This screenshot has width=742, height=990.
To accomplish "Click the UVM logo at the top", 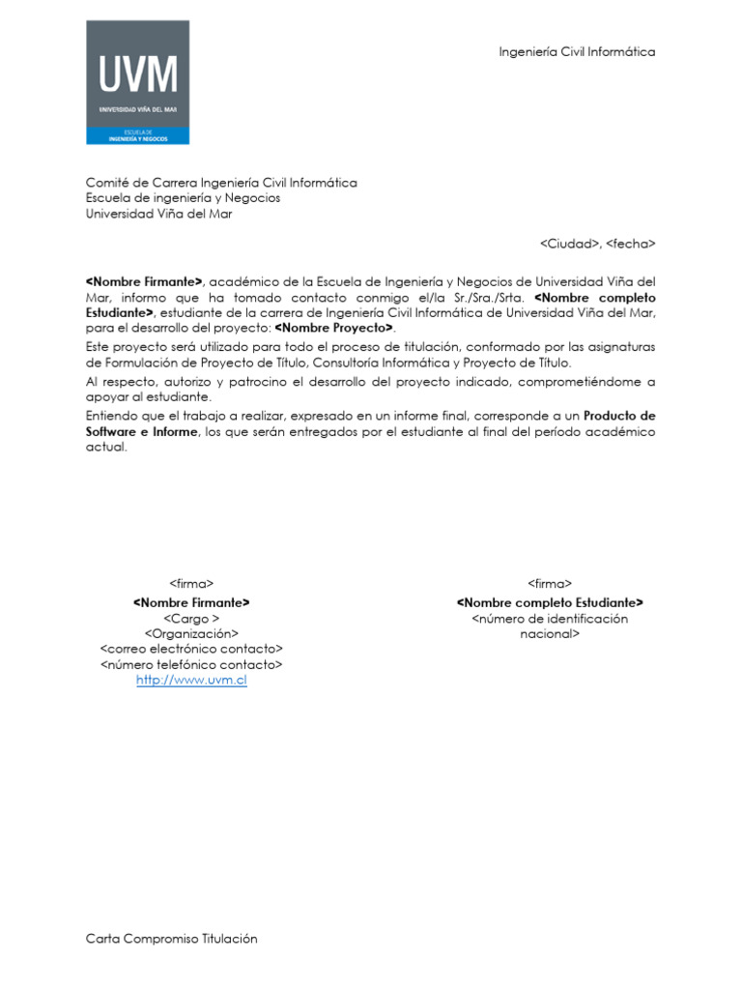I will (x=138, y=82).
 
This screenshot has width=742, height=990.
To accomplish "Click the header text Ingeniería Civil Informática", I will (x=577, y=51).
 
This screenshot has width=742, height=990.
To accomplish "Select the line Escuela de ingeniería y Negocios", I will (x=183, y=198).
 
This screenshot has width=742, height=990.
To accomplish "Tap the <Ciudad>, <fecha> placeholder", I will (x=597, y=244).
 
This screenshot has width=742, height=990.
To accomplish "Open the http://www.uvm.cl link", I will (x=191, y=681).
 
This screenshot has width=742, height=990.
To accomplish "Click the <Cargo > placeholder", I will (x=191, y=618).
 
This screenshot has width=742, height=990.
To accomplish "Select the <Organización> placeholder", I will (x=191, y=633).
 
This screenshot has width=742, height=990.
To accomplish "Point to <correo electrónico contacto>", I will (x=191, y=649).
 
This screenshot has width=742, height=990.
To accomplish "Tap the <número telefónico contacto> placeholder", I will (x=191, y=665).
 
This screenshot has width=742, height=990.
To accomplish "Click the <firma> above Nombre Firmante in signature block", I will (x=191, y=584).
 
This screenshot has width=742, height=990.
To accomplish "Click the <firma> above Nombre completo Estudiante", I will (x=550, y=584).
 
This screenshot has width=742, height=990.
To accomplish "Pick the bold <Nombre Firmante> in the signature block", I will (x=191, y=602).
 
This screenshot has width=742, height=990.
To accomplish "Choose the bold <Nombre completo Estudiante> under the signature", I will (x=550, y=602).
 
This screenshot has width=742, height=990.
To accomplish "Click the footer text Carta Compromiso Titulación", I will (x=172, y=939).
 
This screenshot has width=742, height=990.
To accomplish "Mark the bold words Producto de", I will (x=619, y=415).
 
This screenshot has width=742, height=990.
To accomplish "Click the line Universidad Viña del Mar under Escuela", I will (x=158, y=214).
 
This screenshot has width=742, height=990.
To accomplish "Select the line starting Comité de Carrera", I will (x=221, y=183).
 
